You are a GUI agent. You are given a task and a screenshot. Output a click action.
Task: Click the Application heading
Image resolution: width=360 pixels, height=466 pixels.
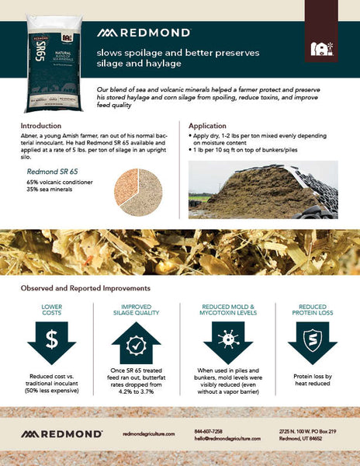213,125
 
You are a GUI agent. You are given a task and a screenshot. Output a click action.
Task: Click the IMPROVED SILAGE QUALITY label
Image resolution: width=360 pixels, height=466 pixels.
135,311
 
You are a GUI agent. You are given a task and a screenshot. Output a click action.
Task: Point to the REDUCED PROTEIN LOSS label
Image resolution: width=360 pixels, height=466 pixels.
313,311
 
